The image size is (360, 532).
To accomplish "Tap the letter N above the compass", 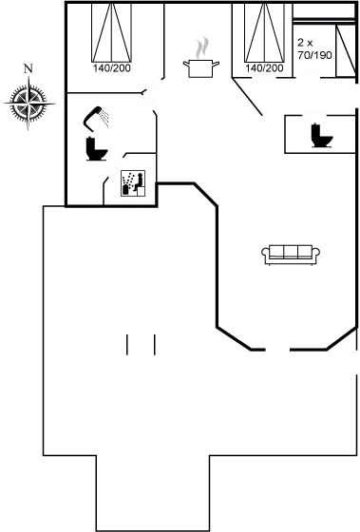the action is click(x=28, y=68).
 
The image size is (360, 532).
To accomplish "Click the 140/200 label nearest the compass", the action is click(x=111, y=69).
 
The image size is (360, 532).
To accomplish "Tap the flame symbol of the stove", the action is click(x=201, y=48).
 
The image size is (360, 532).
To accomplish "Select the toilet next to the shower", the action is click(x=93, y=148).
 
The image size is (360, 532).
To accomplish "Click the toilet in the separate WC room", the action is click(x=319, y=135).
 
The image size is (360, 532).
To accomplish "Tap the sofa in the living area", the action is click(x=290, y=252).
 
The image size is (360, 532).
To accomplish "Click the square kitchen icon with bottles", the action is click(x=134, y=183).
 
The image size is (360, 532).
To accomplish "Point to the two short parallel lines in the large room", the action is click(x=140, y=344).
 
